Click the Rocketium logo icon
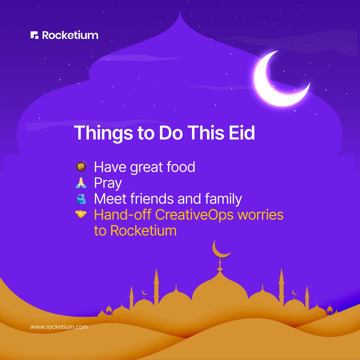click(x=34, y=35)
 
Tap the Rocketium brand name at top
click(x=70, y=35)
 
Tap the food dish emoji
click(x=81, y=166)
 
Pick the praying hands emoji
click(x=81, y=182)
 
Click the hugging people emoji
click(x=81, y=199)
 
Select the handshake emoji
click(x=81, y=214)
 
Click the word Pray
click(x=108, y=183)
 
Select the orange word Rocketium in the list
click(x=143, y=231)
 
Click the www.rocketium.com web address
click(x=59, y=327)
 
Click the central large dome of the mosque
click(x=220, y=289)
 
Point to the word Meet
click(x=110, y=199)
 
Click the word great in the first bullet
click(x=148, y=167)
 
